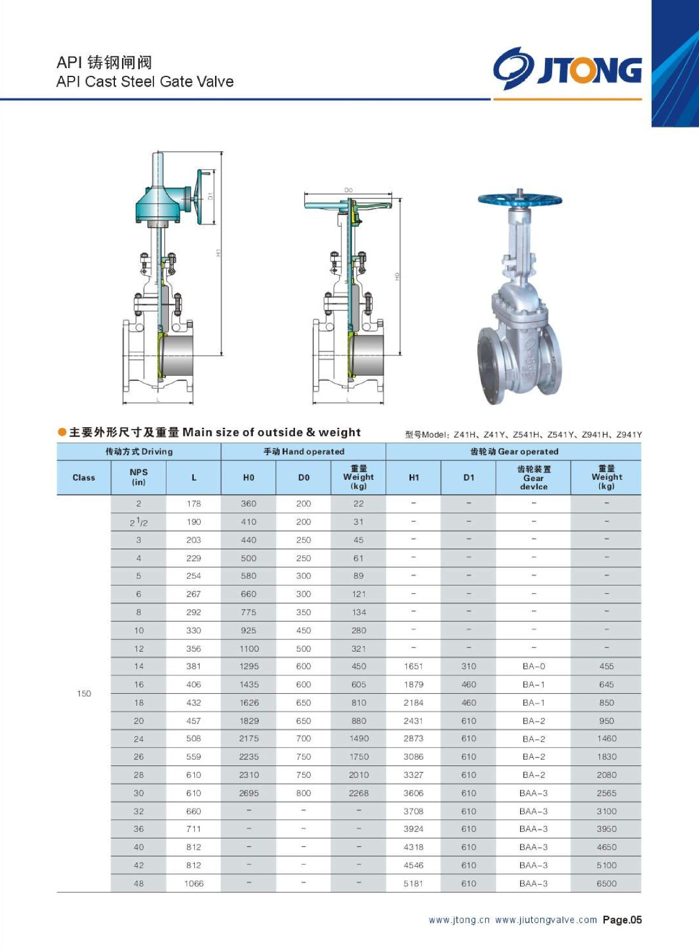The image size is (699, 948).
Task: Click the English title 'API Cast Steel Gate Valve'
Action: pos(145,81)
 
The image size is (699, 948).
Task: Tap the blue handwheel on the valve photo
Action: pos(520,200)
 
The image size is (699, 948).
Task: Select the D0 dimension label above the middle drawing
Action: pos(348,190)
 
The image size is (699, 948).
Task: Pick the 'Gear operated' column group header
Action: pos(514,451)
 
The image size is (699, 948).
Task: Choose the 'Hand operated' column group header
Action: pos(304,451)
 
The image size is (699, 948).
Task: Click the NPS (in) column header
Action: pos(139,477)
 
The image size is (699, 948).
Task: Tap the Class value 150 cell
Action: pos(84,693)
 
